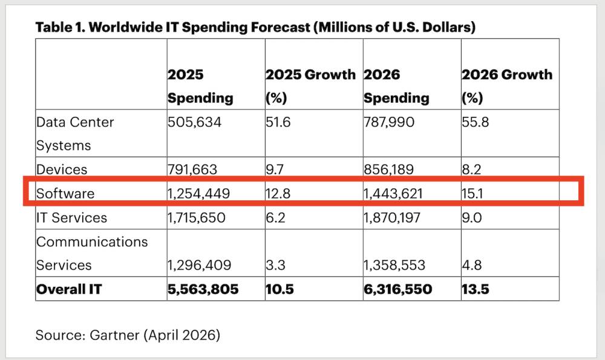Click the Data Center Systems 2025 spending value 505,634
click(x=195, y=122)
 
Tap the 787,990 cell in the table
click(x=389, y=122)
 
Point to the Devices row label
click(x=62, y=169)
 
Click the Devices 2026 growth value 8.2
click(x=472, y=169)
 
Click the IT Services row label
click(x=71, y=218)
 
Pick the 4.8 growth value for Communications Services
click(x=472, y=265)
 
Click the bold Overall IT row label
click(x=69, y=289)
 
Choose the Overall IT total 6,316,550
click(x=398, y=289)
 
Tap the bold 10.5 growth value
click(x=280, y=289)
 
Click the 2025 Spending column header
click(x=200, y=86)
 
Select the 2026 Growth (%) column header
click(x=507, y=86)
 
